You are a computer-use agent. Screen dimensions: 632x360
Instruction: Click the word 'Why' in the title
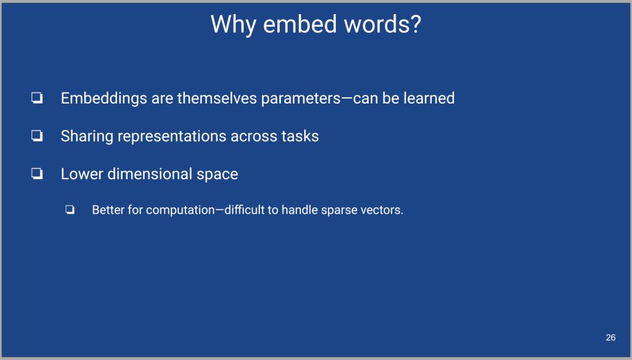[233, 25]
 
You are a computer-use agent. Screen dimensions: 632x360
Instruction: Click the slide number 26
[610, 337]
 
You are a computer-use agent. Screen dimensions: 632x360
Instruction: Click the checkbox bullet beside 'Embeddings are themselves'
[37, 98]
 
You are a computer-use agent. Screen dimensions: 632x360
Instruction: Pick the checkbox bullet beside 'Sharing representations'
[37, 136]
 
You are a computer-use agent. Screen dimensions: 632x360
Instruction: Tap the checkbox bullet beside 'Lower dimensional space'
[37, 174]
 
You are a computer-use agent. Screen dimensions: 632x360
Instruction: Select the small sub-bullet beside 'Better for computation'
[70, 210]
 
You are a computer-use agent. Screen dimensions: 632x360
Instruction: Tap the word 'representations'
[171, 136]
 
